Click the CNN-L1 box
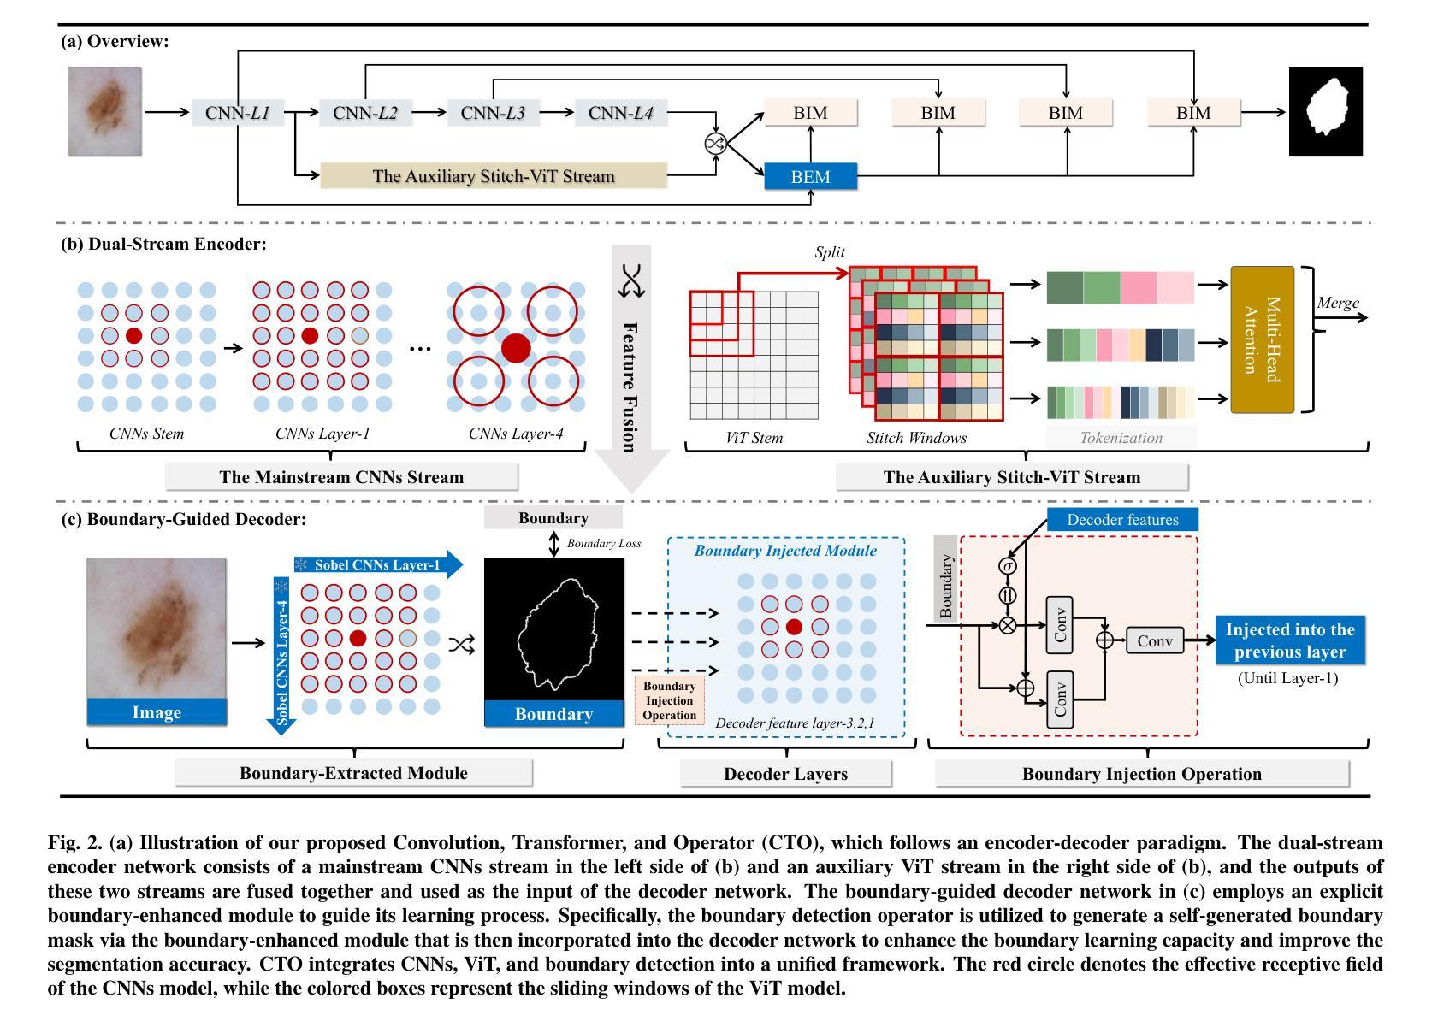pos(238,113)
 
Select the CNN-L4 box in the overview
pos(621,113)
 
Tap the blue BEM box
pos(811,176)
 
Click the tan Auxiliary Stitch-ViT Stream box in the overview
pos(494,176)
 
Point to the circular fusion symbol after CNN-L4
pos(715,143)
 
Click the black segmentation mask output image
pos(1325,111)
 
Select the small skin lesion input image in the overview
pos(105,111)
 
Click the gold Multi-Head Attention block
pos(1262,339)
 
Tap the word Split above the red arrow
pos(830,251)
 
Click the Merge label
pos(1337,302)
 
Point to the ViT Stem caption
pos(754,438)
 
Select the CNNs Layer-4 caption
pos(516,434)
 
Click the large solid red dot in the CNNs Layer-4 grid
pos(516,348)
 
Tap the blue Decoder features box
pos(1122,520)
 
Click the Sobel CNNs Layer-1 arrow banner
pos(378,564)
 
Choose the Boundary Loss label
pos(603,543)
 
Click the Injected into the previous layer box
pos(1290,640)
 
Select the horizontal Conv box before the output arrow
pos(1155,640)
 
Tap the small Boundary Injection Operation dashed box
pos(669,700)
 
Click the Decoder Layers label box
pos(785,774)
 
